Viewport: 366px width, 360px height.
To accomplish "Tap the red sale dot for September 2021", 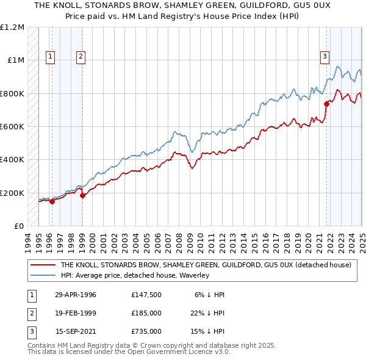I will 326,104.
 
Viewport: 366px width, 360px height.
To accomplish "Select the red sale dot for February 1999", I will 82,195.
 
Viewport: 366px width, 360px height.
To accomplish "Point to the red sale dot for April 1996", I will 52,202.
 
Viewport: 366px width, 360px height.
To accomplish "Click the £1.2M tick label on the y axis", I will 12,27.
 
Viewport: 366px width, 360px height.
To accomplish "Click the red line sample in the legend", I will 43,265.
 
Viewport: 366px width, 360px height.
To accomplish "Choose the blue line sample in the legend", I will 43,276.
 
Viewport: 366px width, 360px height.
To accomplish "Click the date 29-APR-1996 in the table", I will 76,295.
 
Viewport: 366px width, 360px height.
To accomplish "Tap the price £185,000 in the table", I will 146,313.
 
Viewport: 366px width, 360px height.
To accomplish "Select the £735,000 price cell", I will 146,331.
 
